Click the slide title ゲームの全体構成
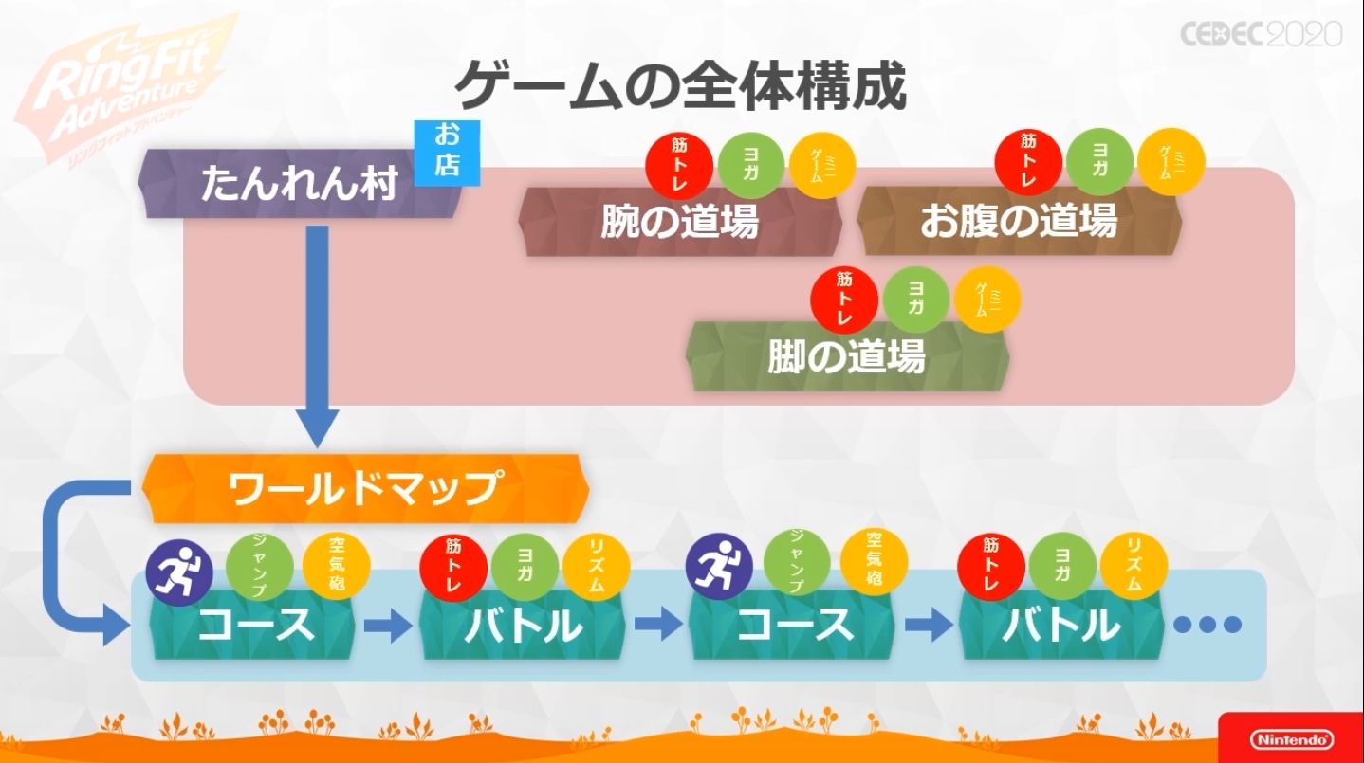pos(680,86)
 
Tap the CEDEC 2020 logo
pos(1261,34)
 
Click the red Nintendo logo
pos(1290,738)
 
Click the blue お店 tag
pos(447,152)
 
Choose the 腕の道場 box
pos(680,221)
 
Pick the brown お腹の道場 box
pos(1019,221)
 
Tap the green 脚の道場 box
pos(846,356)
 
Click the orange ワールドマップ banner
pos(364,488)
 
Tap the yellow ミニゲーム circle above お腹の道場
pos(1170,163)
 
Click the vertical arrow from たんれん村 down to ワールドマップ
pos(317,332)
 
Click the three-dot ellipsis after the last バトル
pos(1207,624)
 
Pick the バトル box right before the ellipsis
pos(1060,624)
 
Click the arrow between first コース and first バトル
pos(387,625)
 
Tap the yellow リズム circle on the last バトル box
pos(1136,567)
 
